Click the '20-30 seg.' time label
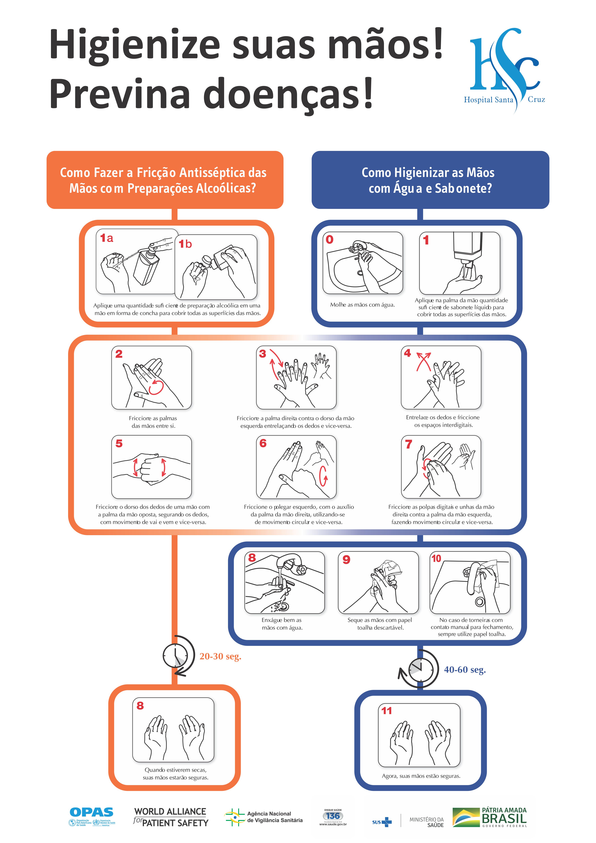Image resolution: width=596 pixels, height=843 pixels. pyautogui.click(x=220, y=656)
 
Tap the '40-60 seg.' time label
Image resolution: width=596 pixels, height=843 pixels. pyautogui.click(x=465, y=670)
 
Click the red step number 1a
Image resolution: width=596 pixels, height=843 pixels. pyautogui.click(x=107, y=238)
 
